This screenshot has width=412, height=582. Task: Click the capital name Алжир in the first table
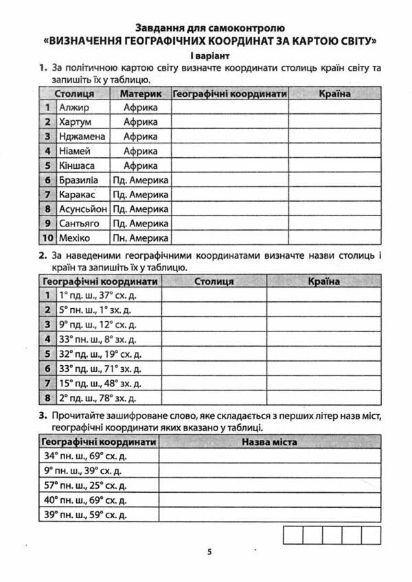click(74, 108)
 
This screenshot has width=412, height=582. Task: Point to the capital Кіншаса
click(77, 165)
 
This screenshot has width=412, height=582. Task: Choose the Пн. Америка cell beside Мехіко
click(141, 238)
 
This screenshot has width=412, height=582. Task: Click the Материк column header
click(141, 93)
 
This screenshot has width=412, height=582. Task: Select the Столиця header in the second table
click(214, 281)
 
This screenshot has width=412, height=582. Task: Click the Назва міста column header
click(269, 442)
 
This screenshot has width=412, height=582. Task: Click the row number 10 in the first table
click(47, 238)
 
